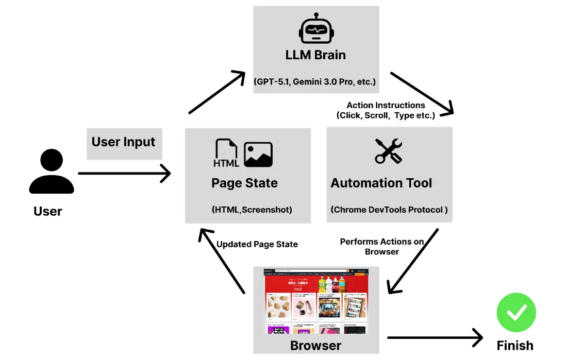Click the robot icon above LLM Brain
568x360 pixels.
(315, 29)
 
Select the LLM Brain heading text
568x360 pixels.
(315, 55)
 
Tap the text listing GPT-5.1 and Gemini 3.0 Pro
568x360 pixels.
(315, 82)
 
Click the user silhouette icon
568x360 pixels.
(51, 172)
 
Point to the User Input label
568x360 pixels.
(124, 142)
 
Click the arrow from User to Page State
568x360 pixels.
(124, 174)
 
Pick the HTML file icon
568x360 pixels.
(226, 153)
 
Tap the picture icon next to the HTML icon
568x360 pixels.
(258, 155)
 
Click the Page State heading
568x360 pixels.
(244, 183)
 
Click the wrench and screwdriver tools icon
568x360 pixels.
(388, 151)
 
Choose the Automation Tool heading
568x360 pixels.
(381, 183)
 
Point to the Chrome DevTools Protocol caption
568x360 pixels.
(389, 210)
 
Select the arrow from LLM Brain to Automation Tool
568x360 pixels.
(422, 93)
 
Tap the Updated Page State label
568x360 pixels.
(257, 244)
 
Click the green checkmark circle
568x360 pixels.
(516, 312)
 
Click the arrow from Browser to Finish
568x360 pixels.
(435, 338)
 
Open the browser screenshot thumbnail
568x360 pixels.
(316, 301)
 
